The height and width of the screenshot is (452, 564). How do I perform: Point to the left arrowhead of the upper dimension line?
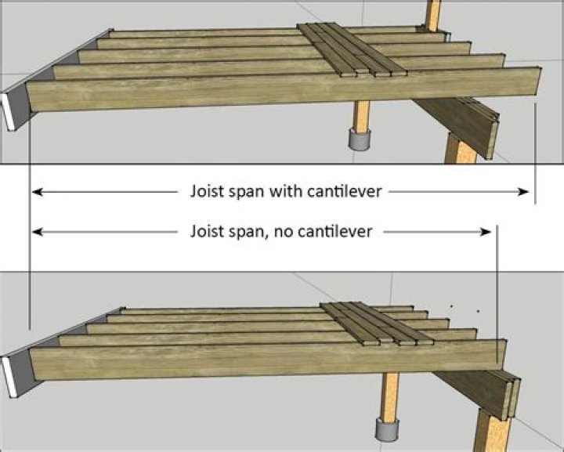[36, 191]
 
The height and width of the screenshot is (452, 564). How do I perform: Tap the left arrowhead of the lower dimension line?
[36, 231]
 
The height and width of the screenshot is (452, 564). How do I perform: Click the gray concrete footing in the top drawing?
[359, 139]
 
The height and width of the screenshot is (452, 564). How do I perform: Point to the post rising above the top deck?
[432, 14]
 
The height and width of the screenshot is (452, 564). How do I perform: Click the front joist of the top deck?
[282, 88]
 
